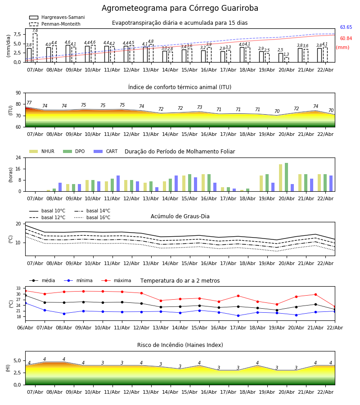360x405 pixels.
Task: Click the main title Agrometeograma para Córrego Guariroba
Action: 180,9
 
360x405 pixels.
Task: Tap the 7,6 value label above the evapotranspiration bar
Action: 35,31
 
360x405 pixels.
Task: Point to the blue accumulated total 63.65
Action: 346,27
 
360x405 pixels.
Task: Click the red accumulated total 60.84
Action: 346,39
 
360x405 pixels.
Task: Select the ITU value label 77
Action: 29,103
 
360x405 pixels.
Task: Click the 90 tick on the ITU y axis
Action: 18,93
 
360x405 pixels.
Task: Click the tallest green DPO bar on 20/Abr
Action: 286,177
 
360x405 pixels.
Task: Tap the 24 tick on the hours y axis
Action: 18,158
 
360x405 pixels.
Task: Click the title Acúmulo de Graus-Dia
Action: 180,216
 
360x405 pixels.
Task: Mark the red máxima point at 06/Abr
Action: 25,291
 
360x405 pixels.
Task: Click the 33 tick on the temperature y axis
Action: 18,288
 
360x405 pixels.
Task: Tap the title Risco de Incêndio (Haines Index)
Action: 180,345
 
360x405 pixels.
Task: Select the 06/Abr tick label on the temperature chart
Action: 25,327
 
